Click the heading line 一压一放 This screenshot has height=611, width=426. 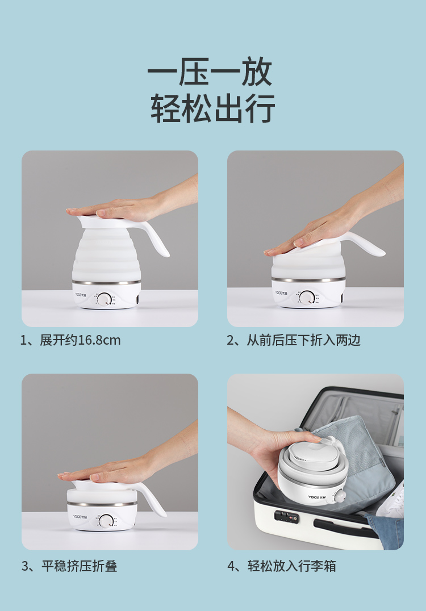point(210,72)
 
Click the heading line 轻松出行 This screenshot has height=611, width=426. point(213,108)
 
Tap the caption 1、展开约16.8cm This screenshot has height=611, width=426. point(70,340)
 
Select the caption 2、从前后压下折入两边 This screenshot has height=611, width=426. point(294,340)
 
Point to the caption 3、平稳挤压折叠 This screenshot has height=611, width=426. point(69,566)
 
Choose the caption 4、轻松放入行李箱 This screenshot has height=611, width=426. point(281,566)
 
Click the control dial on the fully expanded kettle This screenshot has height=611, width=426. point(104,299)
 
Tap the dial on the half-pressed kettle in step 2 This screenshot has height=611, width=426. point(306,298)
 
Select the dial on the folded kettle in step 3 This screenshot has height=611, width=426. point(106,521)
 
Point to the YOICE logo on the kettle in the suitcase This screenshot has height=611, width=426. point(316,497)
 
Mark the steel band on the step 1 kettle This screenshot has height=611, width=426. point(106,282)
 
